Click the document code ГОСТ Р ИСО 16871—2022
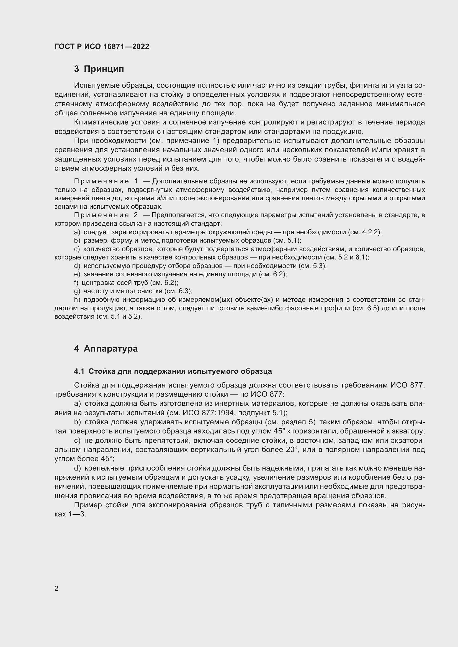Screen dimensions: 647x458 pyautogui.click(x=102, y=46)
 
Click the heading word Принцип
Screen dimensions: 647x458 pyautogui.click(x=104, y=69)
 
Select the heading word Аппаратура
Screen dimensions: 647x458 pyautogui.click(x=110, y=349)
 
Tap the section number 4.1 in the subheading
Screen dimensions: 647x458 pyautogui.click(x=79, y=371)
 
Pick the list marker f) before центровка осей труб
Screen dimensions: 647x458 pyautogui.click(x=76, y=283)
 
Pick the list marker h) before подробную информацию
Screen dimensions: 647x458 pyautogui.click(x=77, y=300)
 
